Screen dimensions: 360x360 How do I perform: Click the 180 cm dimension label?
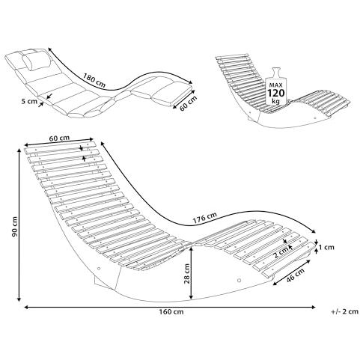(94, 79)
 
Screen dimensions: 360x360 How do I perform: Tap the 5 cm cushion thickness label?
(29, 101)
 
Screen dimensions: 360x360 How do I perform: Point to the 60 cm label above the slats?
(59, 138)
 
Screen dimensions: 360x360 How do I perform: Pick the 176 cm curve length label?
(205, 218)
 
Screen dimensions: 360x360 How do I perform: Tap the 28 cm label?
(186, 273)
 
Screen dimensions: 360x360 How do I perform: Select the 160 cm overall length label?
(171, 311)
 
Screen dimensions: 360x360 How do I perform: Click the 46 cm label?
(296, 275)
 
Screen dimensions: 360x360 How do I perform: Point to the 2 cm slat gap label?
(281, 254)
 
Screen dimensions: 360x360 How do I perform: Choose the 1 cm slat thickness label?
(326, 247)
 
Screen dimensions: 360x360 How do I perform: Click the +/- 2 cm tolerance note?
(345, 311)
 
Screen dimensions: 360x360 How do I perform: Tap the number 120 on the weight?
(276, 93)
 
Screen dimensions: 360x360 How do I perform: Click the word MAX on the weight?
(275, 85)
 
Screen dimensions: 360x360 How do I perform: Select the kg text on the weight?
(276, 101)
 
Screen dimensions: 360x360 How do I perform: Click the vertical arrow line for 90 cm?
(19, 225)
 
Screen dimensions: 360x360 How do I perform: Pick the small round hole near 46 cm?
(240, 280)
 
